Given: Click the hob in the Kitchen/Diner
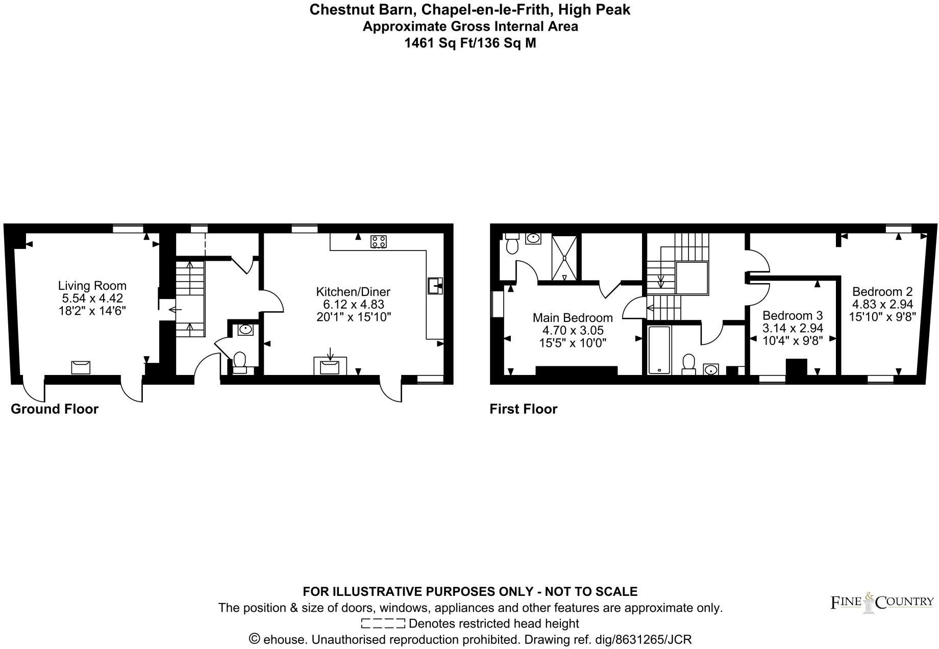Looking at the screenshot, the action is click(378, 241).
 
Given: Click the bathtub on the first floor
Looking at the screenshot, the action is click(659, 350).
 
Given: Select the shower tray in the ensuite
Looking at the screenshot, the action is click(564, 258).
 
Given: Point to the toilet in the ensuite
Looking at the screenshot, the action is click(512, 244).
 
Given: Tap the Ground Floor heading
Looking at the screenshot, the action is click(55, 409).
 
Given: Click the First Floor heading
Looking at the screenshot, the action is click(524, 409).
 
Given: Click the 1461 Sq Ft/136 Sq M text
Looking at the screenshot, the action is click(470, 43).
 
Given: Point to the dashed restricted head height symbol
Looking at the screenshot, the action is click(383, 623).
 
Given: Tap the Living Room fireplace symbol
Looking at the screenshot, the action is click(81, 367).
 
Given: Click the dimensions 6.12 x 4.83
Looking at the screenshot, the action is click(353, 305).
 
